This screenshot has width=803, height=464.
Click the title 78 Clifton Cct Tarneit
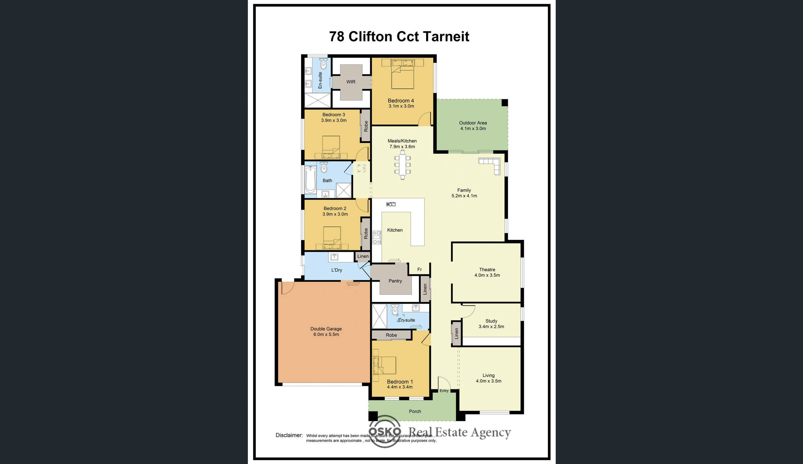399,37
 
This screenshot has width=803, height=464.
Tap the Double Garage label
326,329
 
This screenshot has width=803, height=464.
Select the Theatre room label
487,270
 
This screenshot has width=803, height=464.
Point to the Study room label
491,321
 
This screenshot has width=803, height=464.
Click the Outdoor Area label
473,123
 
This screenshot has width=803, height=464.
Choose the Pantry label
395,281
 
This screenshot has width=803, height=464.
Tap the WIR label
351,82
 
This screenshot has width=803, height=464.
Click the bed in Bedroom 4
403,74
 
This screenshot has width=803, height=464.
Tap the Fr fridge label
420,270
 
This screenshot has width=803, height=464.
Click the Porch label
415,411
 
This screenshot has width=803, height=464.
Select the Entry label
444,391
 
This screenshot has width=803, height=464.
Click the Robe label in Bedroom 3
366,126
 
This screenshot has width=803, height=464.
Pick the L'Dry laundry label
337,270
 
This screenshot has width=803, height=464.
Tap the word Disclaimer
289,435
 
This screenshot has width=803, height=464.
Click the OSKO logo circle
385,431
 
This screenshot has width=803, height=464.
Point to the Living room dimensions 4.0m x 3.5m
489,381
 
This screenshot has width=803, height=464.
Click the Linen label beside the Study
456,334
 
